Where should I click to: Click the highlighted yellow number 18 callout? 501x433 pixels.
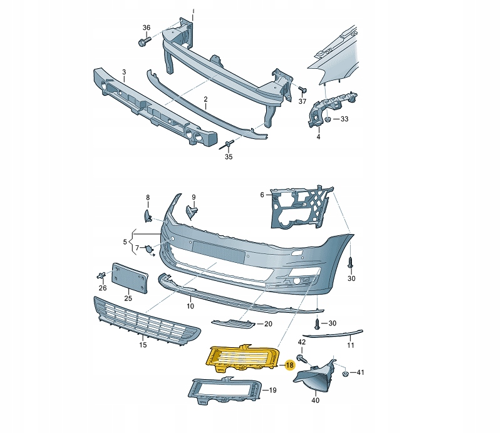click(x=290, y=365)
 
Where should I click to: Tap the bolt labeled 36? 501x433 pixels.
click(x=145, y=41)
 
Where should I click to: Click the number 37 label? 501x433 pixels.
click(x=302, y=101)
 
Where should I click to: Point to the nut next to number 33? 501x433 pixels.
click(x=328, y=120)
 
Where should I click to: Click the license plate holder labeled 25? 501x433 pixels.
click(x=130, y=278)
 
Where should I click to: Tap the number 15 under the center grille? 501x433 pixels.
click(x=143, y=345)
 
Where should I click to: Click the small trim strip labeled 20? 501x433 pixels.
click(x=233, y=323)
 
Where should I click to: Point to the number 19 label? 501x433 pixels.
click(x=272, y=390)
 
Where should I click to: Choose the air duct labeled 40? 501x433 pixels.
click(x=316, y=375)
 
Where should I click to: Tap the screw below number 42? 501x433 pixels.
click(x=302, y=358)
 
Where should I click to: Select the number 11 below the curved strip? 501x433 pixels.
click(x=351, y=345)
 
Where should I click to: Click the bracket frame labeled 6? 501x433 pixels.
click(x=301, y=207)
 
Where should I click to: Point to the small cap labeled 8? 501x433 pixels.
click(x=148, y=215)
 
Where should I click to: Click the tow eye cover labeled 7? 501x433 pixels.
click(x=149, y=250)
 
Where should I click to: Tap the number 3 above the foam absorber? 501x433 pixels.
click(x=124, y=72)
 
